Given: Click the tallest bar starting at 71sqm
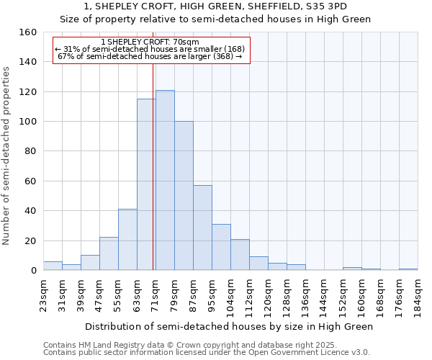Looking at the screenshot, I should pos(165,180).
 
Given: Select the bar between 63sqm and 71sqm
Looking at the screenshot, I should pos(146,184).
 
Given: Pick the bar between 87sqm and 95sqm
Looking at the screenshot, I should pos(202,228).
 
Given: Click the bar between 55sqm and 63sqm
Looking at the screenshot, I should pos(127,240).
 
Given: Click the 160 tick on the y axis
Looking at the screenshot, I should pos(29,32).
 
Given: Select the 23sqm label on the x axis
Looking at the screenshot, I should pos(44,292).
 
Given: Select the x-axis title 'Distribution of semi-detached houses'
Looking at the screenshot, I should pos(229,326).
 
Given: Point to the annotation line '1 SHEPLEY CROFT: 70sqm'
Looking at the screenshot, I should pos(150,42).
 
